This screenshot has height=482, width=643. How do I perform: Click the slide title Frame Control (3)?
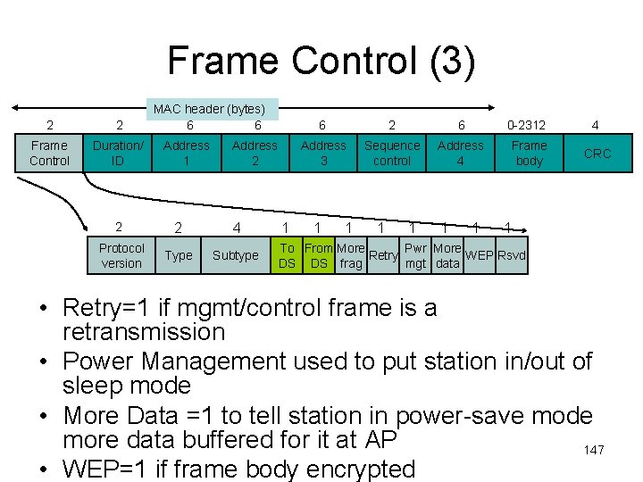[x=321, y=62]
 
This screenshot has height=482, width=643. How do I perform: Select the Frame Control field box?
[x=49, y=153]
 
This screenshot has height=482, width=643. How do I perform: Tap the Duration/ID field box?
[x=118, y=153]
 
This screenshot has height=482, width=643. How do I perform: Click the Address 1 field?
[x=187, y=153]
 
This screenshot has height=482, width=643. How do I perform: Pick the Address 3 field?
[x=323, y=153]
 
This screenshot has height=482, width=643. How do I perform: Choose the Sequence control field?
[x=392, y=153]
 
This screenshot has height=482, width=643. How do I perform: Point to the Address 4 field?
[x=461, y=153]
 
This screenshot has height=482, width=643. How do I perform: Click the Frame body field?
[x=529, y=153]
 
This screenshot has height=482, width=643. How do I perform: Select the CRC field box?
[x=597, y=153]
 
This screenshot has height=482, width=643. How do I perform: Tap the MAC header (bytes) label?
[x=215, y=108]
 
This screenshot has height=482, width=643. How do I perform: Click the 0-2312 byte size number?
[x=526, y=125]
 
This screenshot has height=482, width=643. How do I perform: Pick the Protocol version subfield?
[x=121, y=255]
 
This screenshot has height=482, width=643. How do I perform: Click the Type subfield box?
[x=179, y=255]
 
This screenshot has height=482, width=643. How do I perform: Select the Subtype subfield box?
[x=236, y=255]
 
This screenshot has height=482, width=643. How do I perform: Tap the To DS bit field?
[x=287, y=255]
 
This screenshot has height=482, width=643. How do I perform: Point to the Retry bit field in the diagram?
[x=383, y=255]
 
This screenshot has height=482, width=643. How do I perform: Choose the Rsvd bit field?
[x=511, y=255]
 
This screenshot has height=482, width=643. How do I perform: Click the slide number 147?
[x=594, y=450]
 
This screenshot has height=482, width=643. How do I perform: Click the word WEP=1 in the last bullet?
[x=104, y=469]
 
